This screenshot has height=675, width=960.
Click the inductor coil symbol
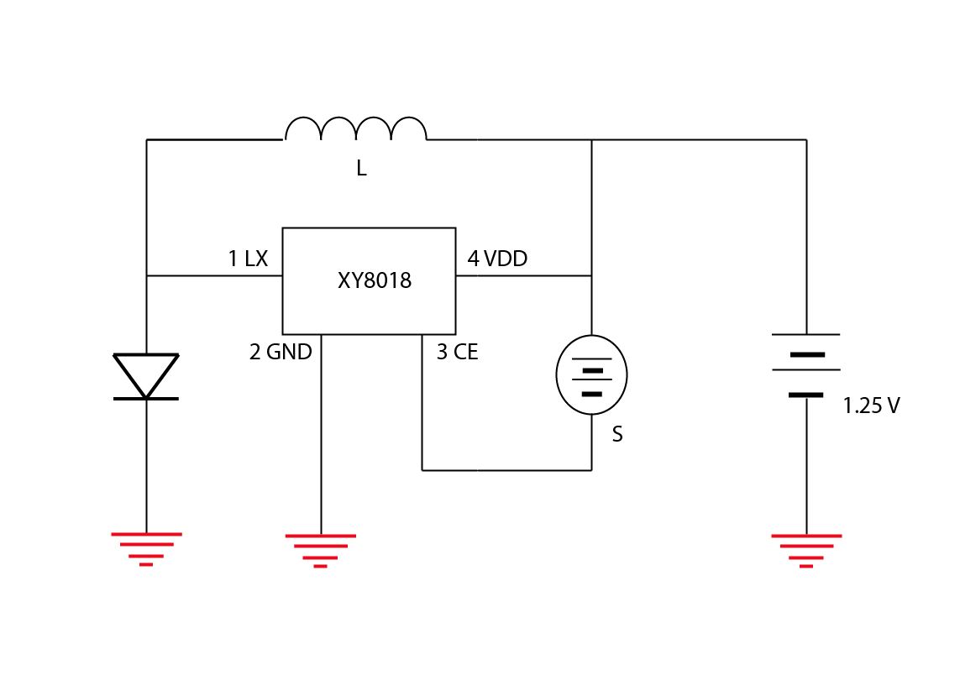coord(355,129)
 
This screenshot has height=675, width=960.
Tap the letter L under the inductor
coord(361,169)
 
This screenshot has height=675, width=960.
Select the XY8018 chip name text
coord(375,280)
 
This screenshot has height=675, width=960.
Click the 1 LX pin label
coord(248,259)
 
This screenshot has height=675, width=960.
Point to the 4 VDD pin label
coord(497,259)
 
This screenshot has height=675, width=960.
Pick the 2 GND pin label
coord(281,353)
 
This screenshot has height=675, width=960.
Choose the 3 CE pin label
coord(457,353)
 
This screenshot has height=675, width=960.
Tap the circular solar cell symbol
coord(591,374)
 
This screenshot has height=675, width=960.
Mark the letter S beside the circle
coord(617,435)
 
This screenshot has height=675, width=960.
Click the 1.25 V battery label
coord(871,406)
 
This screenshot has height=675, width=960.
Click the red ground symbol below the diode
coord(146,548)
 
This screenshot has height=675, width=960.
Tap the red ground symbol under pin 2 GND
coord(320,550)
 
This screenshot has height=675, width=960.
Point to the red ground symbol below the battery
coord(806,550)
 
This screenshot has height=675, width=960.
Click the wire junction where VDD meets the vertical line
coord(591,275)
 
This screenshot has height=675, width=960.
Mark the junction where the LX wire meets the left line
coord(146,275)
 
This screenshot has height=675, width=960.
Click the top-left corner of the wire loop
coord(146,139)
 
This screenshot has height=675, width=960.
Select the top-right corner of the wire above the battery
coord(806,139)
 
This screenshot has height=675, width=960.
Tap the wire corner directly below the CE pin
coord(422,470)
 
